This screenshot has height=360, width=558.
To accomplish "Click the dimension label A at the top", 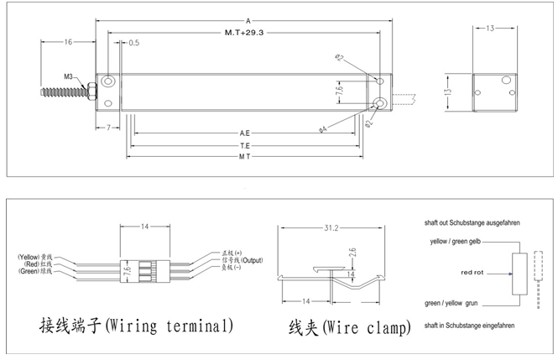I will coord(248,20).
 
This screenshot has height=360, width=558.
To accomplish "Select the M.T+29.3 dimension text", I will coord(243,34).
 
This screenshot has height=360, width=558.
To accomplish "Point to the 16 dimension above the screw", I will coord(68,41).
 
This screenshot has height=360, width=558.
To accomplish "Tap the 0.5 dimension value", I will coord(134,42).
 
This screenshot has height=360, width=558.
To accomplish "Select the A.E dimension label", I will coord(245,133).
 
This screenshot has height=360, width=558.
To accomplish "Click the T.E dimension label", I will coord(245,144).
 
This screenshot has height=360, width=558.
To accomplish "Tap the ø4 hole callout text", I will coord(323,129).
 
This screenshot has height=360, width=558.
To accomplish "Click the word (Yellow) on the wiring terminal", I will coord(29,256).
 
